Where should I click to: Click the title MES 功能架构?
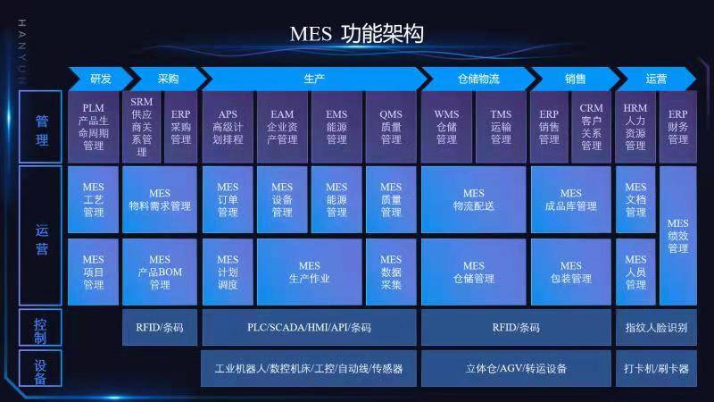pyautogui.click(x=356, y=34)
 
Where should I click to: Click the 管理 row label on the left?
pyautogui.click(x=41, y=127)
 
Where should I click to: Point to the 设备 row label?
pyautogui.click(x=41, y=368)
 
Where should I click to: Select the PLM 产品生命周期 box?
pyautogui.click(x=93, y=127)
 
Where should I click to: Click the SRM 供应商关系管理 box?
pyautogui.click(x=141, y=127)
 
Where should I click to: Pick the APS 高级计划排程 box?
pyautogui.click(x=228, y=127)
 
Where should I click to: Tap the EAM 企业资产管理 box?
pyautogui.click(x=282, y=127)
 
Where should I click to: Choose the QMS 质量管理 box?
pyautogui.click(x=391, y=127)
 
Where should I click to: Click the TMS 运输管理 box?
pyautogui.click(x=501, y=127)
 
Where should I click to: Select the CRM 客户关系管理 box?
pyautogui.click(x=591, y=127)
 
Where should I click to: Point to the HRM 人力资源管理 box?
pyautogui.click(x=635, y=127)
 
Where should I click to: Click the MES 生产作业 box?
pyautogui.click(x=309, y=272)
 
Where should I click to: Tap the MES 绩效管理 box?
pyautogui.click(x=678, y=236)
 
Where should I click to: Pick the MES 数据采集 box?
pyautogui.click(x=391, y=272)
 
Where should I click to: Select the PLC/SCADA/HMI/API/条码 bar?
pyautogui.click(x=309, y=328)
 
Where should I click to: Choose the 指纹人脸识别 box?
pyautogui.click(x=656, y=328)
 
